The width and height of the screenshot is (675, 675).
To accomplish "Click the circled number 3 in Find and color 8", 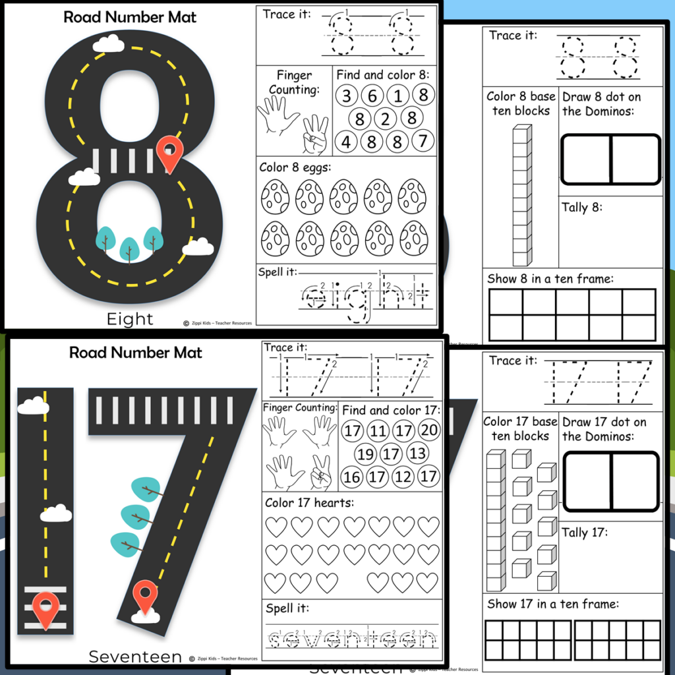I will (347, 96).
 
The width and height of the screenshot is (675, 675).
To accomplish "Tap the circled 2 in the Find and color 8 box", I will (386, 119).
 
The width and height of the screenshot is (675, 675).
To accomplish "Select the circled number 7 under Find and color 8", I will (423, 141).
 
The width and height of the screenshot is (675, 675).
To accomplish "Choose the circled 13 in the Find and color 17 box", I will (417, 454).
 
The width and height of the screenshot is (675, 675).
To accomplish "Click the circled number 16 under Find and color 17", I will (352, 477).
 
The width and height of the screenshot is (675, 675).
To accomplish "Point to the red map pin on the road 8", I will (170, 154).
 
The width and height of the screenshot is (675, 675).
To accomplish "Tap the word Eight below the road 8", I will (130, 320).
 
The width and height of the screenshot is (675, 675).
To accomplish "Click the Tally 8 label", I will (583, 208).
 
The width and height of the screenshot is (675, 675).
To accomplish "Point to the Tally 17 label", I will (585, 532).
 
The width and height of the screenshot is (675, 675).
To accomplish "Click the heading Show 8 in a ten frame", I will (550, 279).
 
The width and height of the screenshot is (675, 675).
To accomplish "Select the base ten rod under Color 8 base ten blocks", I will (522, 195).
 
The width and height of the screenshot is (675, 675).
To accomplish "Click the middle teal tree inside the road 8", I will (129, 248).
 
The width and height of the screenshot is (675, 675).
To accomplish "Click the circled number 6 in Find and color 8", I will (372, 96).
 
